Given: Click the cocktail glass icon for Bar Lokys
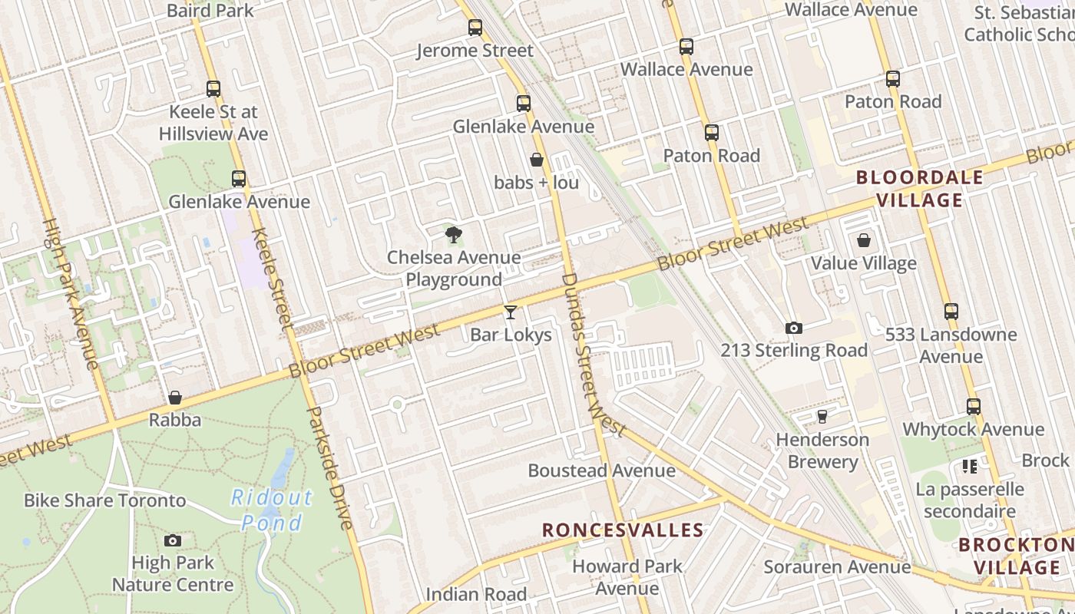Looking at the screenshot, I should (510, 312).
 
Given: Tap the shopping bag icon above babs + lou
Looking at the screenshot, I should (537, 160).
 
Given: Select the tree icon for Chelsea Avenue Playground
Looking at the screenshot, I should (454, 234).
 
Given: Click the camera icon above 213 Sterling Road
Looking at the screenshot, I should (794, 328).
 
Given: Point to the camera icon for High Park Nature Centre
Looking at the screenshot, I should (173, 540).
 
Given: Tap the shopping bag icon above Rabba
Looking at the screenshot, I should (175, 398).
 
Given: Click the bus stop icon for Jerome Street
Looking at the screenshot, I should (475, 28).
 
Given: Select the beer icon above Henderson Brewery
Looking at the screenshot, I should (822, 417).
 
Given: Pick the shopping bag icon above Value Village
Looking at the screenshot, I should (864, 241).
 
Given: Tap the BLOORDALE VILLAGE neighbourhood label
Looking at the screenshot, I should (909, 189).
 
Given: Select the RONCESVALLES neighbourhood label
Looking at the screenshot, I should (623, 530).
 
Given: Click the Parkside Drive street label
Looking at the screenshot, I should (330, 468).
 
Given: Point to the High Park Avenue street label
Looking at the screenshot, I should (70, 294).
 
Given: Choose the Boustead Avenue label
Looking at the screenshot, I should (602, 470).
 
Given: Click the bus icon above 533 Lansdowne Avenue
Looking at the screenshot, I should (951, 312).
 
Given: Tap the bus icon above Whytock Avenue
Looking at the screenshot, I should (974, 407).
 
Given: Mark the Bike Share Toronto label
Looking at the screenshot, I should (104, 500).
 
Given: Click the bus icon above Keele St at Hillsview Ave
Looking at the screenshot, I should (213, 89).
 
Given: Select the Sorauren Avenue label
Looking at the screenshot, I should (837, 567).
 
